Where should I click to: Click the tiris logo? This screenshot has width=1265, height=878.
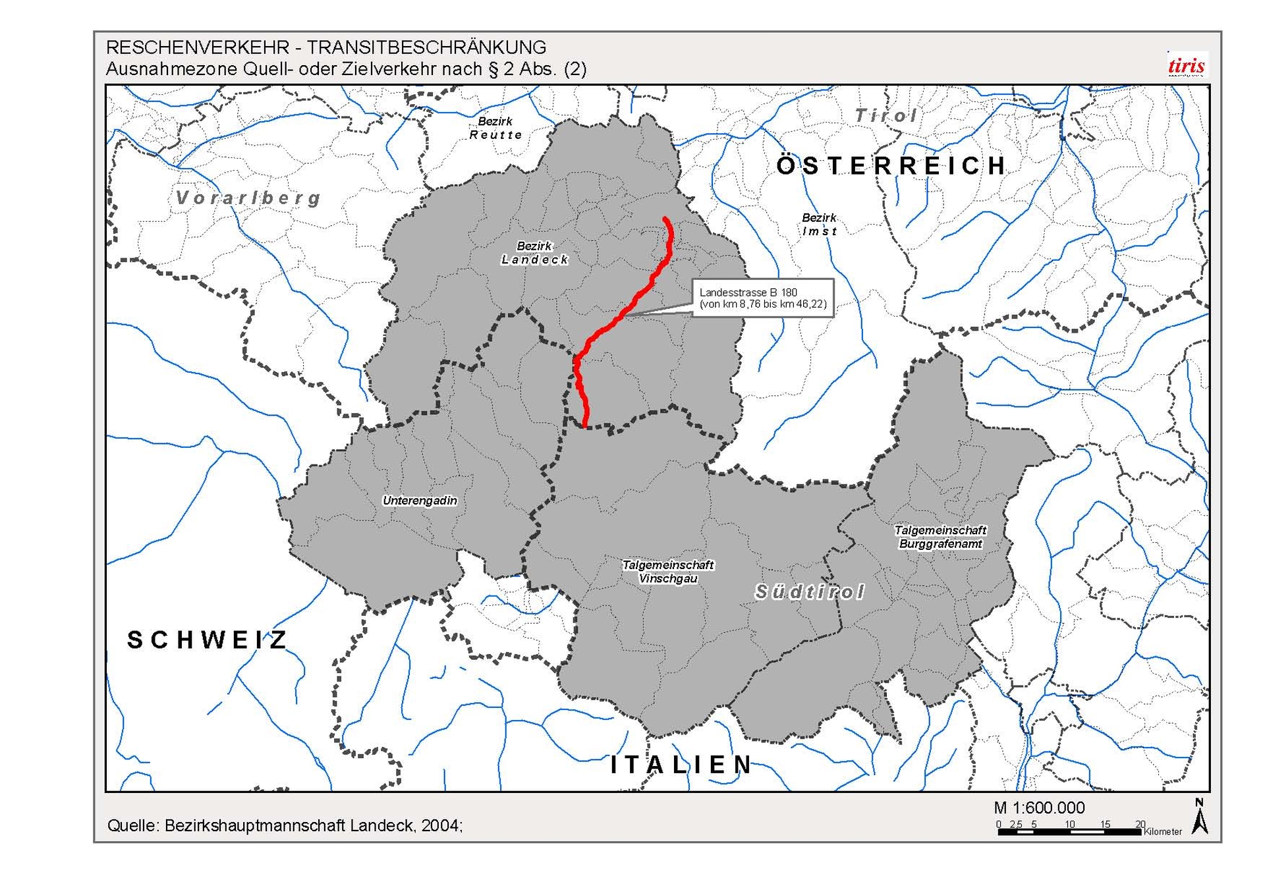(x=1186, y=65)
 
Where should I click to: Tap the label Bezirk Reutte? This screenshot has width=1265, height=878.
(x=495, y=128)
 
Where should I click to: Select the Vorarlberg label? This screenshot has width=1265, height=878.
(x=248, y=198)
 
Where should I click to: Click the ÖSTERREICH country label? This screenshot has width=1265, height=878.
(x=891, y=166)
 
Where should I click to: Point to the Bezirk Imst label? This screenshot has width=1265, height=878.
(x=819, y=225)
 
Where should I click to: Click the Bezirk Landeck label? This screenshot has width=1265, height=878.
(x=534, y=253)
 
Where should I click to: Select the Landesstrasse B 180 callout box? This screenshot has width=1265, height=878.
(x=762, y=298)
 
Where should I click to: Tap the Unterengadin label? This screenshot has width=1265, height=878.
(x=420, y=501)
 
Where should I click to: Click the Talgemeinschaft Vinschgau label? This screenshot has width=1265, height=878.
(x=668, y=572)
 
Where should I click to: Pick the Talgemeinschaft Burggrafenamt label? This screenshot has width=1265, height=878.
(x=940, y=537)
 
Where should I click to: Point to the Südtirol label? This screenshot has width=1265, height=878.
(x=809, y=592)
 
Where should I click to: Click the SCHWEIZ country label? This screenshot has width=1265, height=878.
(x=207, y=640)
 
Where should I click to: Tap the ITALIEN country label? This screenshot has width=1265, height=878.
(x=681, y=765)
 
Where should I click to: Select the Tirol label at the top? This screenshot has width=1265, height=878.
(x=886, y=116)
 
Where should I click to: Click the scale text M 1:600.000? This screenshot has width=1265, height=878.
(x=1039, y=808)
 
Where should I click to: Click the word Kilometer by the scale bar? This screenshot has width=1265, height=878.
(x=1163, y=832)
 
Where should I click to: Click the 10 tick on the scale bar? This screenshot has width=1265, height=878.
(x=1069, y=825)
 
